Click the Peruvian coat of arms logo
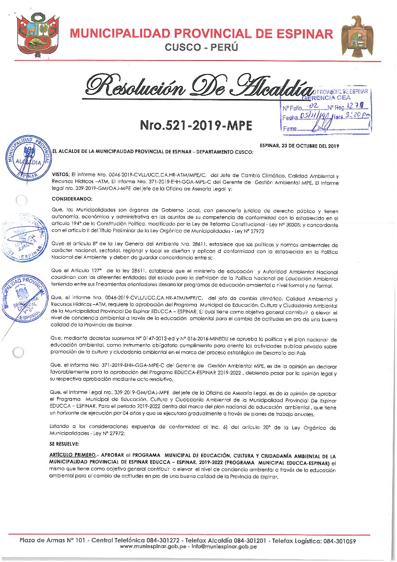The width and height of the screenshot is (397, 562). (33, 35)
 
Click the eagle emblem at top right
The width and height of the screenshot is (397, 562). (357, 35)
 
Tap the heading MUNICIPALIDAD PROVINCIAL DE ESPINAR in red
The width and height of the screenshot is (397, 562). (201, 34)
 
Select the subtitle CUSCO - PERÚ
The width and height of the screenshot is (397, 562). (201, 47)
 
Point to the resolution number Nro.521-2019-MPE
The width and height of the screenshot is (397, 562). (195, 126)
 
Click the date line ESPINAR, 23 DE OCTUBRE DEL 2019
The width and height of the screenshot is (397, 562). (299, 146)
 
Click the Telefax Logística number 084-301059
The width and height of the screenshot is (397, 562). (338, 540)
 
